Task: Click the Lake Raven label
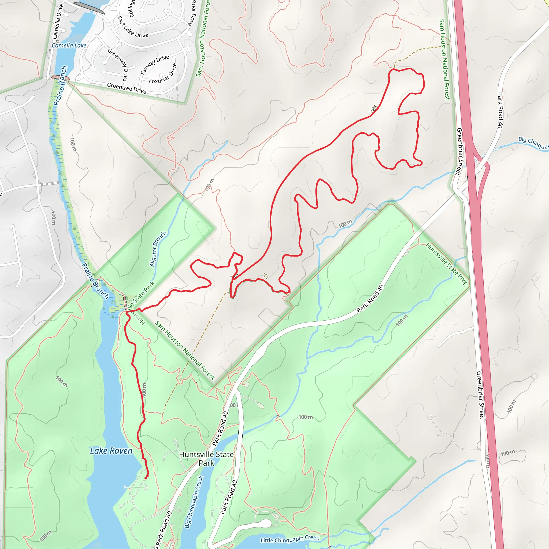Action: tap(111, 451)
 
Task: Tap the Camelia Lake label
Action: tap(69, 46)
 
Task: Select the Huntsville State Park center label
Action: tap(206, 459)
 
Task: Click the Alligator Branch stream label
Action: tap(157, 249)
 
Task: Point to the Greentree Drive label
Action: tap(127, 88)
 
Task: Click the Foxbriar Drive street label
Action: tap(163, 73)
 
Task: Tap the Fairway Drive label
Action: tap(155, 65)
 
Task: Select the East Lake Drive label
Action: tap(132, 27)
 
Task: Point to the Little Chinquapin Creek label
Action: tap(290, 539)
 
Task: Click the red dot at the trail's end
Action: tap(146, 478)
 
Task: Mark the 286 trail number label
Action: tap(374, 109)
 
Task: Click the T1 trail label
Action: tap(266, 276)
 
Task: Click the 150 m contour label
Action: tap(209, 185)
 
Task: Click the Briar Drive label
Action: tap(194, 13)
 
